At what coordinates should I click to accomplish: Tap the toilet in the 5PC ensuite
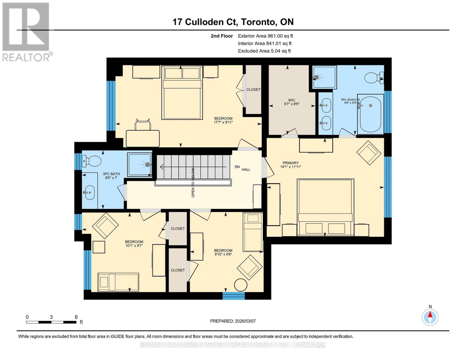[374, 78]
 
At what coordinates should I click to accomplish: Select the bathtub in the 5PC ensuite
[371, 114]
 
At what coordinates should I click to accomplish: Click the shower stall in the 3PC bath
[140, 164]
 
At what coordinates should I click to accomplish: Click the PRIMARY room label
[290, 163]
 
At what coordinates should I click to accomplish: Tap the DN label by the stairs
[237, 167]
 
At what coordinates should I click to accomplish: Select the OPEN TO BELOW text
[193, 182]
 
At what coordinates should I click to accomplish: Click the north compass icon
[430, 316]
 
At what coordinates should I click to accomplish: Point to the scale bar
[51, 322]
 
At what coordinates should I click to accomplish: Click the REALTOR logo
[26, 31]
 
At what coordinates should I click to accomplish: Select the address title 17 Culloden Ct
[233, 22]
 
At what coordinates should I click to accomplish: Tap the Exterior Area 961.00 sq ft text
[265, 36]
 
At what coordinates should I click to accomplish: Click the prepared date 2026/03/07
[233, 321]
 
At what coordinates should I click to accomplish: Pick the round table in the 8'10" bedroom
[241, 285]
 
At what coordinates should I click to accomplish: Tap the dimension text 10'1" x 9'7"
[134, 245]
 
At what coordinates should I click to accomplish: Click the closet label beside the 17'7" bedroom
[253, 89]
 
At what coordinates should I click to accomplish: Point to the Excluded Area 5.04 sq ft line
[264, 51]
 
